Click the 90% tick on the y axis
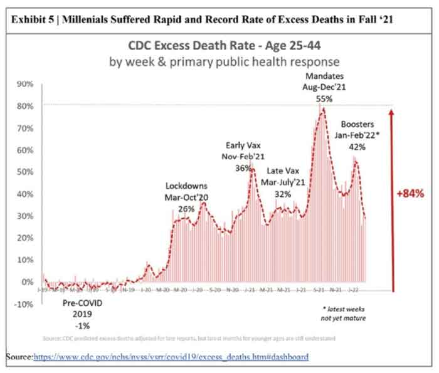click(24, 84)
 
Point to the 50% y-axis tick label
click(24, 172)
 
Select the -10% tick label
click(23, 304)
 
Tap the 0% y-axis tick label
click(27, 282)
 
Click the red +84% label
click(411, 194)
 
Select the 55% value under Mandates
click(324, 99)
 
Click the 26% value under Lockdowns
click(186, 208)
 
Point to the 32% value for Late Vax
click(283, 194)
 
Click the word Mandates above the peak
click(324, 77)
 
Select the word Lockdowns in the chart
click(186, 186)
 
